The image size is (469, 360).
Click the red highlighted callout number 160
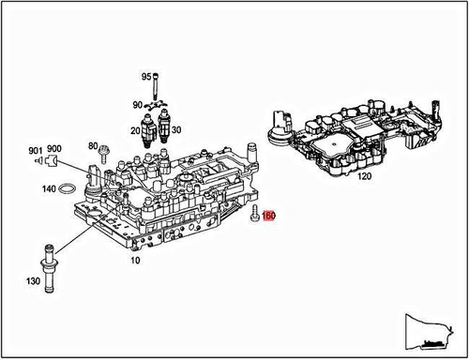pyautogui.click(x=269, y=216)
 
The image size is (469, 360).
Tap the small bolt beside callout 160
pyautogui.click(x=254, y=215)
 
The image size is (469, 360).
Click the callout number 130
pyautogui.click(x=33, y=281)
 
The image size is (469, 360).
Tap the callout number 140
pyautogui.click(x=47, y=188)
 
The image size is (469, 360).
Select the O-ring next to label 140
pyautogui.click(x=68, y=189)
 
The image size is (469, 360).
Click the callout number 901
pyautogui.click(x=35, y=150)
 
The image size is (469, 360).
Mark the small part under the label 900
pyautogui.click(x=53, y=162)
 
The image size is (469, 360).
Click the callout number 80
pyautogui.click(x=92, y=145)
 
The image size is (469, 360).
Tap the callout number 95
pyautogui.click(x=146, y=76)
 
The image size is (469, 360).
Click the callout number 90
pyautogui.click(x=137, y=105)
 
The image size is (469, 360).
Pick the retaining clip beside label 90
pyautogui.click(x=157, y=105)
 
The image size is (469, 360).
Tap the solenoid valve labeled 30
pyautogui.click(x=166, y=125)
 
